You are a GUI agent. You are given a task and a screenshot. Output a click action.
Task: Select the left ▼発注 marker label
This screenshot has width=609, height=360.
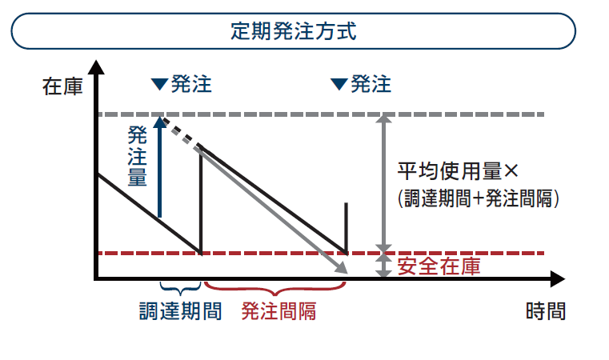click(x=182, y=84)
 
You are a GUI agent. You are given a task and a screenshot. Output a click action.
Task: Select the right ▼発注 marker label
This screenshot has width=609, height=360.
click(x=362, y=84)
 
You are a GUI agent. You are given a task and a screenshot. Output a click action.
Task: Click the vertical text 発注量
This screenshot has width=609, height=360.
click(x=138, y=156)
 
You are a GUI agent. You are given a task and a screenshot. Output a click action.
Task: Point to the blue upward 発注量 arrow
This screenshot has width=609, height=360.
click(x=160, y=168)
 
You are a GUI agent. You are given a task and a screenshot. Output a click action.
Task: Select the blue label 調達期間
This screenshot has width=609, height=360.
click(x=180, y=310)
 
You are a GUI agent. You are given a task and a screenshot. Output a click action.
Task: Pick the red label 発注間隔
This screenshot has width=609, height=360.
click(x=278, y=310)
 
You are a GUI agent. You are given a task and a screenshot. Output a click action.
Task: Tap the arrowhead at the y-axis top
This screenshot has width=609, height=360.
click(x=95, y=68)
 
